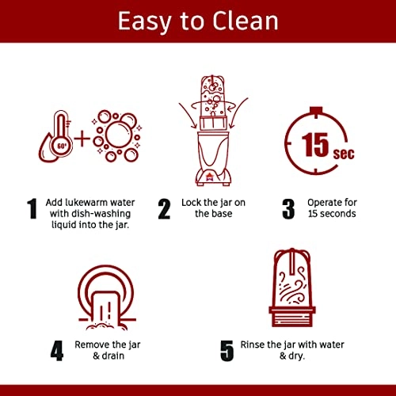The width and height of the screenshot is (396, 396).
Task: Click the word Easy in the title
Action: tap(144, 22)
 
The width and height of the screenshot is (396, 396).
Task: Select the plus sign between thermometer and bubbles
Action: tap(82, 139)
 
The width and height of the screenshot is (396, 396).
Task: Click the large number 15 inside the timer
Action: tap(315, 144)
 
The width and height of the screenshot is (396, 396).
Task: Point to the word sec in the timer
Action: tap(344, 154)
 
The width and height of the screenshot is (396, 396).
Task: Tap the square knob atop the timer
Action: tap(316, 109)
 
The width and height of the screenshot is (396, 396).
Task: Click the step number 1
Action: tap(32, 208)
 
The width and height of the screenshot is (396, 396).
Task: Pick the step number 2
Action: tap(164, 209)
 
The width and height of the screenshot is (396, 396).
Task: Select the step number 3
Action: tap(288, 209)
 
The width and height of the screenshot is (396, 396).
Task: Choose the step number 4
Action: tap(57, 351)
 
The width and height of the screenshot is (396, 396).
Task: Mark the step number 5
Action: tap(227, 351)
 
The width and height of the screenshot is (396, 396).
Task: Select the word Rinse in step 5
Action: tap(252, 345)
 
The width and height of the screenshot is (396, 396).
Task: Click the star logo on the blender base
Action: tap(211, 177)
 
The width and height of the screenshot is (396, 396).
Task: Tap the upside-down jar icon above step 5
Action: tap(292, 287)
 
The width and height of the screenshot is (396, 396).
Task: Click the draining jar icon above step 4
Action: tap(107, 298)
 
